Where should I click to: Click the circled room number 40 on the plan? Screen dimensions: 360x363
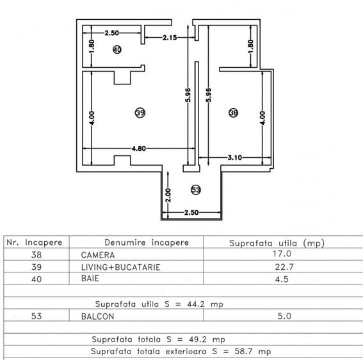click(117, 49)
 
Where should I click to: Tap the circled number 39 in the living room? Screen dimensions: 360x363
click(140, 113)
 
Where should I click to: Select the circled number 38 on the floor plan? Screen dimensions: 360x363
click(233, 113)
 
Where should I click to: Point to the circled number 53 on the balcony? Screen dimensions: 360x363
click(195, 189)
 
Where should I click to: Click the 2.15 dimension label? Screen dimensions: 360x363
click(170, 38)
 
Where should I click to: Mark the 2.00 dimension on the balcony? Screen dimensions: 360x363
click(168, 194)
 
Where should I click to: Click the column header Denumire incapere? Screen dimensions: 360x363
click(147, 242)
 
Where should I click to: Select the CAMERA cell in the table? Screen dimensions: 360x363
click(93, 254)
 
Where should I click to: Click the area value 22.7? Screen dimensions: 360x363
click(277, 267)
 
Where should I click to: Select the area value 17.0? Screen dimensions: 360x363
click(277, 254)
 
